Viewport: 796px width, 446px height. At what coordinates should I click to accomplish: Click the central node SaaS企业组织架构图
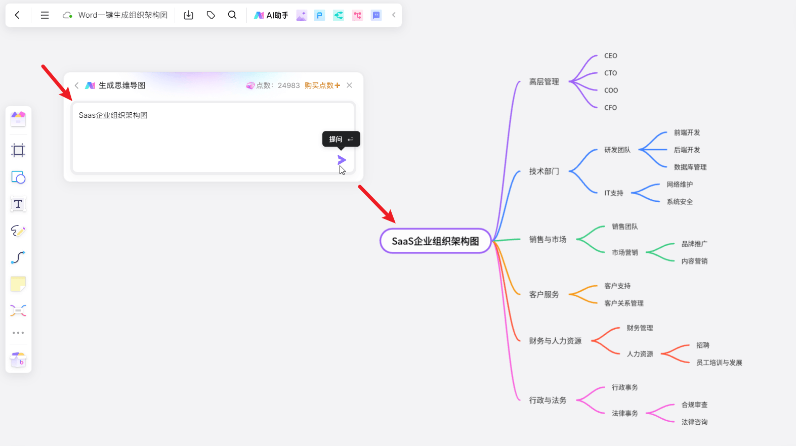coord(435,241)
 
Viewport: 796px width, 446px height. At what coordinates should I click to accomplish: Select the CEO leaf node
coord(610,56)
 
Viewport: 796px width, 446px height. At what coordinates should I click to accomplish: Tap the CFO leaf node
coord(610,108)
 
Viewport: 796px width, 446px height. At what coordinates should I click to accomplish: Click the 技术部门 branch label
coord(544,171)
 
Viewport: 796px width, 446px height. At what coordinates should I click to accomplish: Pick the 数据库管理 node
coord(690,167)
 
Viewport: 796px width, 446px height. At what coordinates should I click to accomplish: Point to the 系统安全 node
coord(679,202)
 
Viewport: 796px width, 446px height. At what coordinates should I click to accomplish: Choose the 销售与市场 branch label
coord(548,240)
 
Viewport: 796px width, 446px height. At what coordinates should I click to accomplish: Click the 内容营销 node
coord(694,261)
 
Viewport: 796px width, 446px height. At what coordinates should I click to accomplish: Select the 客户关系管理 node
coord(623,303)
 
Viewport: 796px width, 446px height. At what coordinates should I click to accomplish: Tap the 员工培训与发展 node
coord(719,363)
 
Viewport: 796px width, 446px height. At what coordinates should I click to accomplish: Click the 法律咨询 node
coord(694,422)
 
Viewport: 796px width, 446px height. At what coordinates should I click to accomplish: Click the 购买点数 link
coord(322,85)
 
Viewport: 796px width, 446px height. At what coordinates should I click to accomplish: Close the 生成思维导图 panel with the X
coord(349,85)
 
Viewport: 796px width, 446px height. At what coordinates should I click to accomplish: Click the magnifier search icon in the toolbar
coord(232,15)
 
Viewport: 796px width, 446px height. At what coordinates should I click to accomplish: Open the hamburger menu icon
coord(45,15)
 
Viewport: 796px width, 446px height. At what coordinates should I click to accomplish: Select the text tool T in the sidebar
coord(18,204)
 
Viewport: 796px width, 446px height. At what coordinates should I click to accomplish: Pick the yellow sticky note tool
coord(18,284)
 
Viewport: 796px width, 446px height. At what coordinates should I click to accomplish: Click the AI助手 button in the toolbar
coord(271,15)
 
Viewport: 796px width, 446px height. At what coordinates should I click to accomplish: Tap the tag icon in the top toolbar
coord(211,15)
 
